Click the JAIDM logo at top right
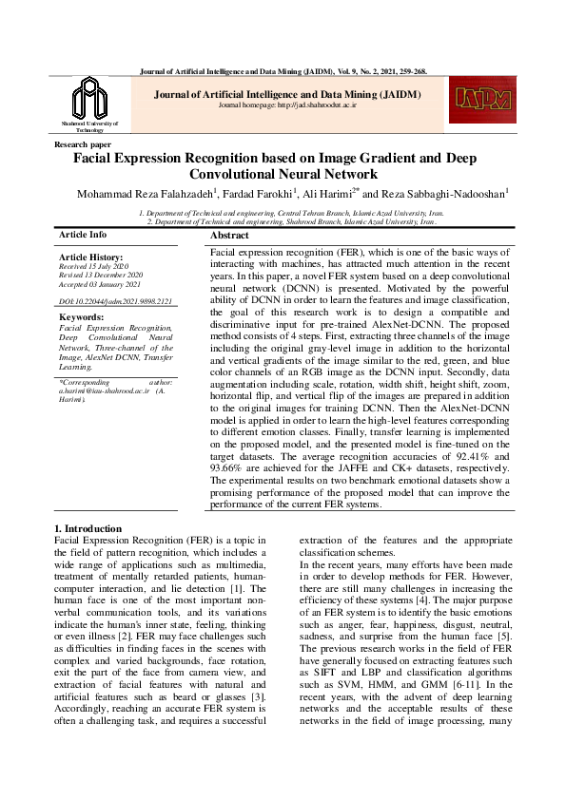[x=482, y=100]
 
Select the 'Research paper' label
[x=83, y=144]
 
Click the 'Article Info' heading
[x=83, y=234]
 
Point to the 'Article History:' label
[x=90, y=257]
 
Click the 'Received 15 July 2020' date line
[x=93, y=267]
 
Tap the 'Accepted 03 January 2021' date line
[x=99, y=285]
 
